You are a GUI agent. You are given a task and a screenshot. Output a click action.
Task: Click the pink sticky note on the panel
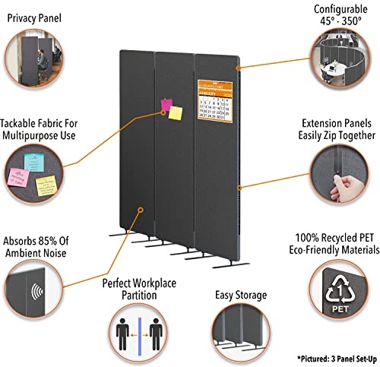pos(165,104)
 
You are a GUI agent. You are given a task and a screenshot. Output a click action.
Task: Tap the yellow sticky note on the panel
pos(176,113)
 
